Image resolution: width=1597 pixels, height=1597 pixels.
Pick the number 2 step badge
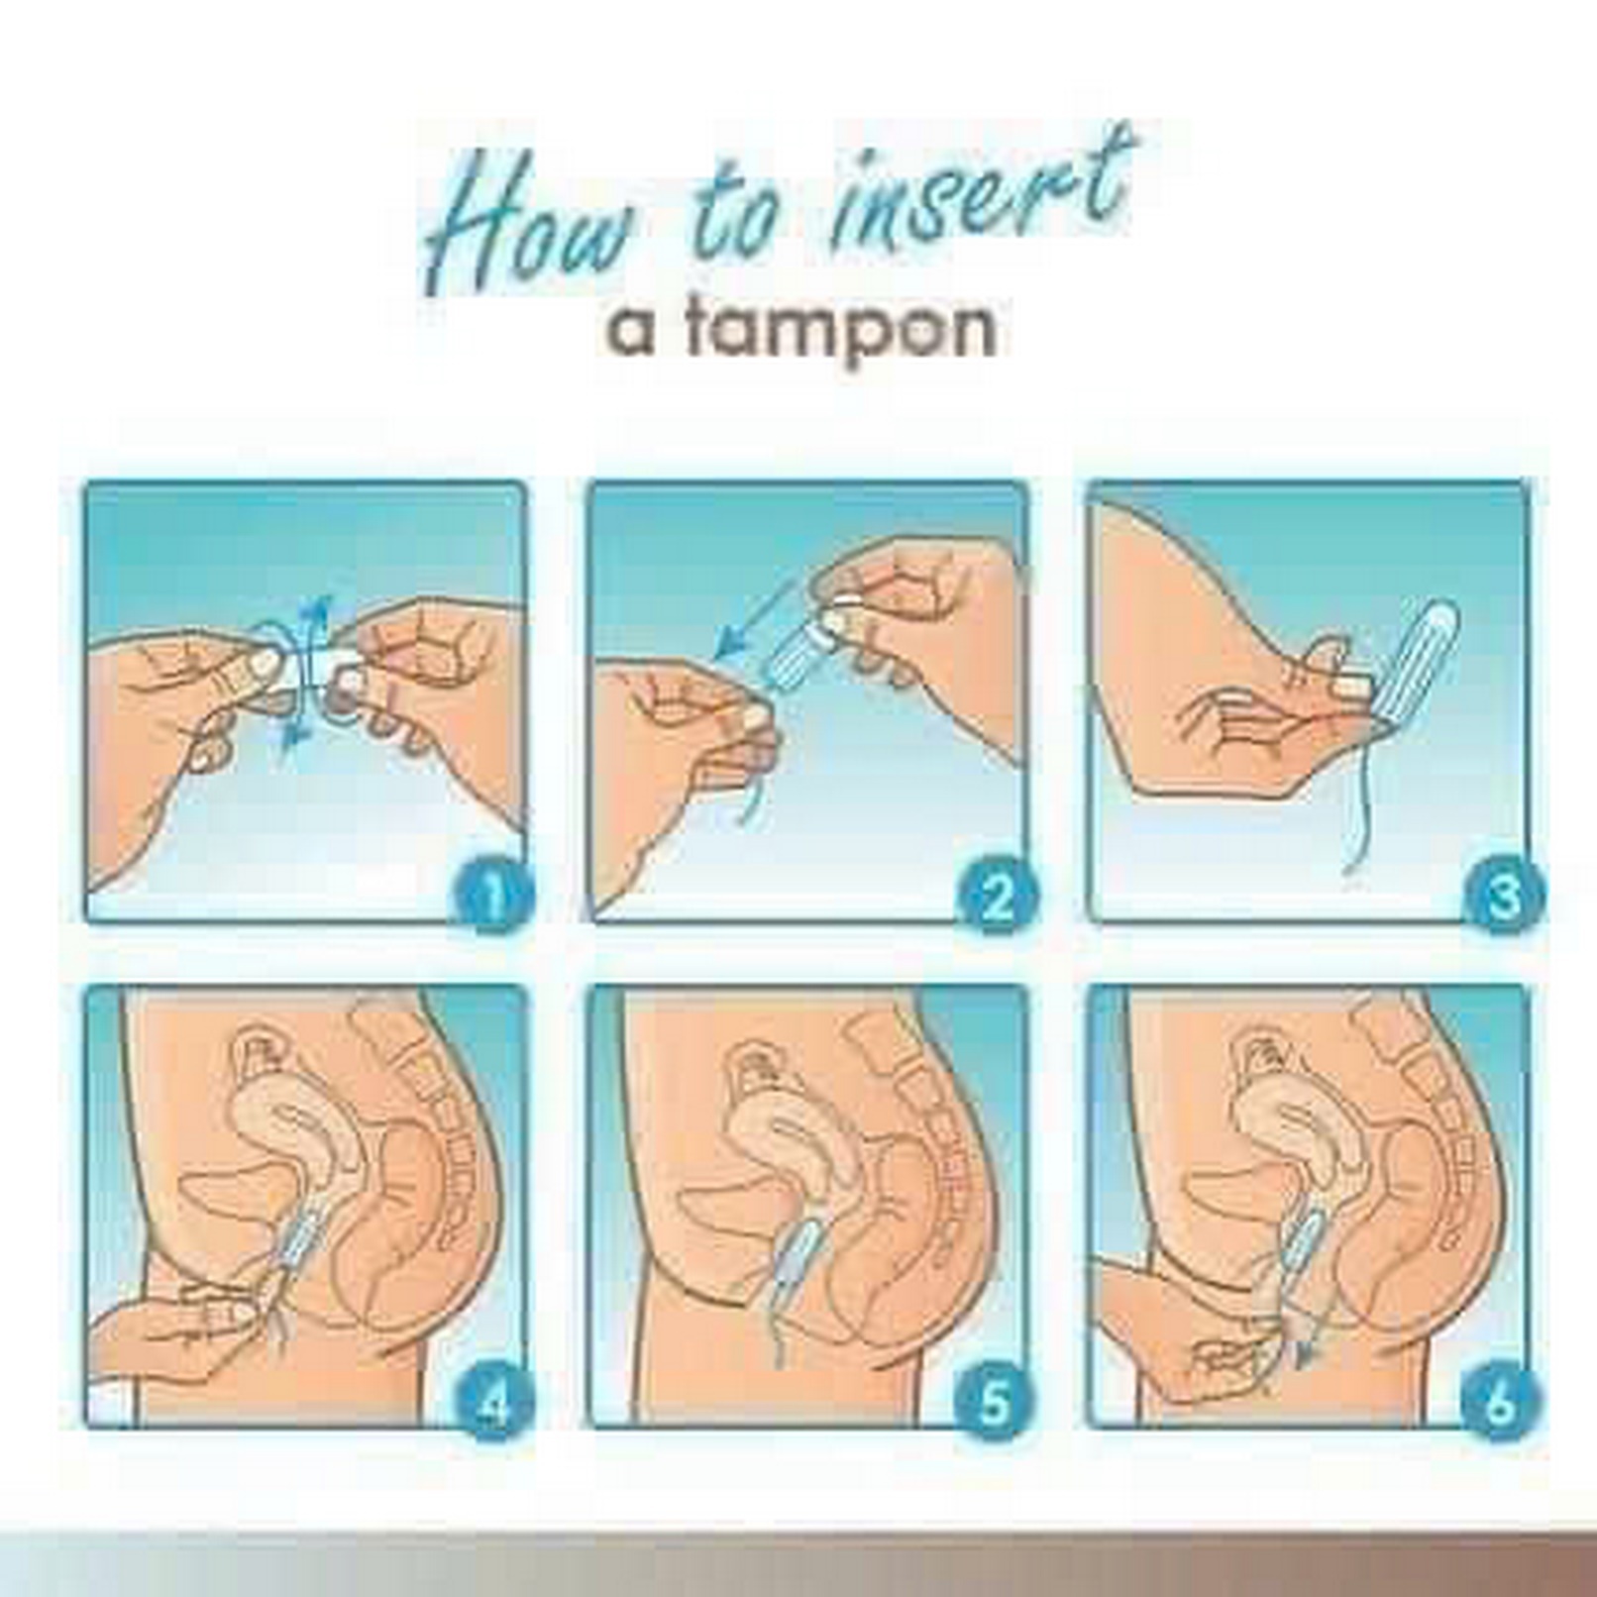(995, 898)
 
